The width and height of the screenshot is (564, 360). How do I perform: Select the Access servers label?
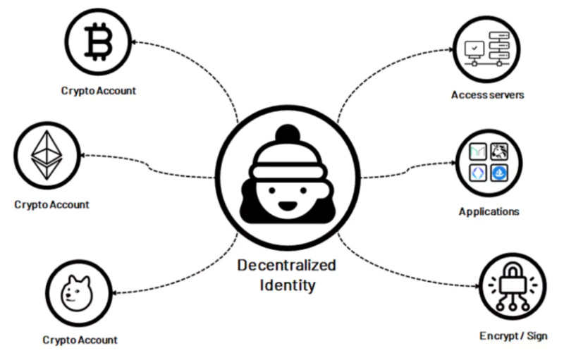[488, 94]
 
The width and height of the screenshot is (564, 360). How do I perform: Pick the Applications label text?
[489, 211]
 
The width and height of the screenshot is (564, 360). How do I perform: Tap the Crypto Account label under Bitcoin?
[98, 90]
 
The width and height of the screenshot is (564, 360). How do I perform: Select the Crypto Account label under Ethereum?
[51, 205]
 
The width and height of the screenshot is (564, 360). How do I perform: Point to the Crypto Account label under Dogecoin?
[80, 340]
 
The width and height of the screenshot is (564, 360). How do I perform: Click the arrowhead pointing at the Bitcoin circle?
[137, 43]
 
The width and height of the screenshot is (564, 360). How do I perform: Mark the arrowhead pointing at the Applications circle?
[451, 168]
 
